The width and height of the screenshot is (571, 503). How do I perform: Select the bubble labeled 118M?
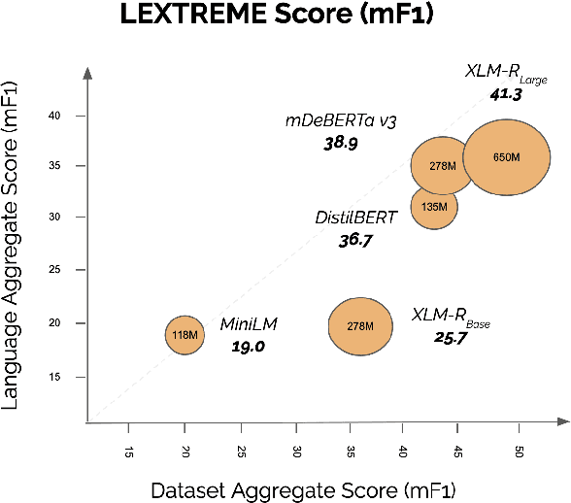(x=184, y=334)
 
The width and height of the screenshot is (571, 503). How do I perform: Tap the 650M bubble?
(x=507, y=157)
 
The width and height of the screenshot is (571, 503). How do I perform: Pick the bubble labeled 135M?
(x=434, y=206)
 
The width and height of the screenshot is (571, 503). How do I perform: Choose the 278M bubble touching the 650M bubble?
(x=442, y=165)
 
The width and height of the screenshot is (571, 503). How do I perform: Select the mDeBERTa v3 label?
(x=343, y=121)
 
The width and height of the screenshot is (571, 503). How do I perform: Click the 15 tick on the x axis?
(x=129, y=453)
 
